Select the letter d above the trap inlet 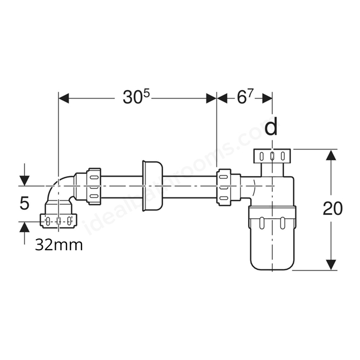pyautogui.click(x=272, y=128)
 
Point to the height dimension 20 pyautogui.click(x=332, y=209)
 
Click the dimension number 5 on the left pyautogui.click(x=24, y=203)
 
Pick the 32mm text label pyautogui.click(x=58, y=245)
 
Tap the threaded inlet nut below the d pyautogui.click(x=272, y=156)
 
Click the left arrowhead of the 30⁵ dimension pyautogui.click(x=64, y=98)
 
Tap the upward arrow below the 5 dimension pyautogui.click(x=24, y=228)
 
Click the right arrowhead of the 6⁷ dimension pyautogui.click(x=268, y=98)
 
